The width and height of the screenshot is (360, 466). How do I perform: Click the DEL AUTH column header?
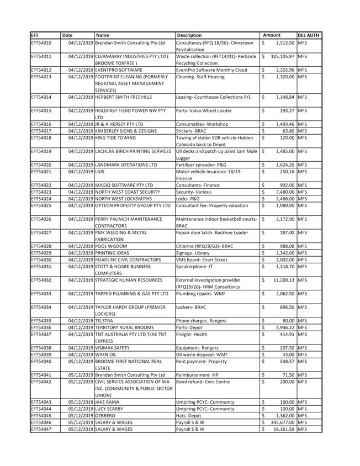(309, 35)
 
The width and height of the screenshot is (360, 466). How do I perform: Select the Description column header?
(189, 35)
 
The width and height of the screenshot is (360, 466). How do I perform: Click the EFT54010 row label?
(41, 43)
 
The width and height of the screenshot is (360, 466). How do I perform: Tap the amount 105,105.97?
(279, 56)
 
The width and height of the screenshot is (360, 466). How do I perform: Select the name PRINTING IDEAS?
(112, 252)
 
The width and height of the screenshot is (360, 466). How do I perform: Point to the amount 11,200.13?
(281, 280)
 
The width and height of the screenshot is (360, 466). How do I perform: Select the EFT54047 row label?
(41, 428)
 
